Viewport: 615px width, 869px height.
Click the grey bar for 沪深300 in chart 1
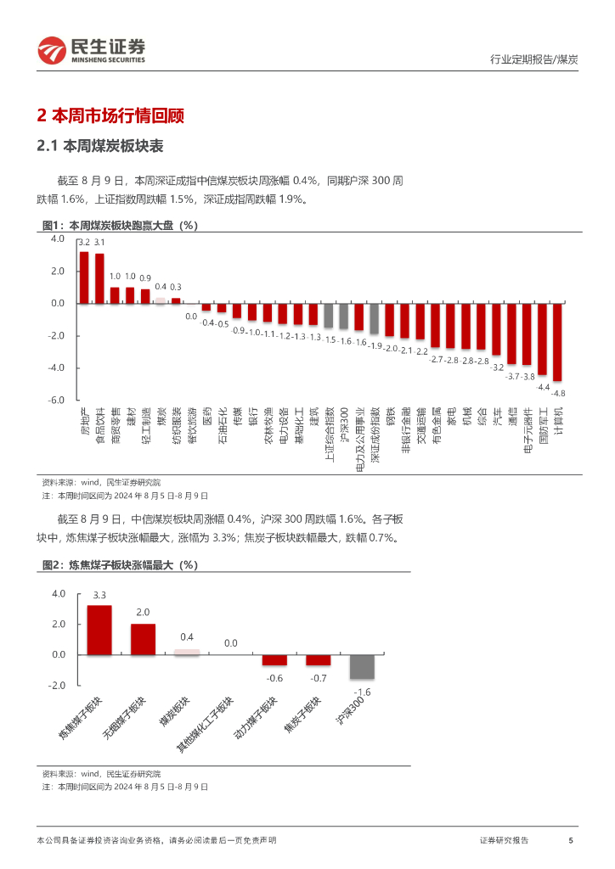pos(344,316)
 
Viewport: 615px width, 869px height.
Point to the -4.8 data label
pos(558,393)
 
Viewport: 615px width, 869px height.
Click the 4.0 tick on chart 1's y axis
pos(58,239)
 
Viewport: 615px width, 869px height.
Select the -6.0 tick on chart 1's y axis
pos(57,400)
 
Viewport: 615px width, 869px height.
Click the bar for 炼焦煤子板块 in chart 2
pos(99,630)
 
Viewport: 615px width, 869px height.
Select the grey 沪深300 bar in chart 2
pos(362,666)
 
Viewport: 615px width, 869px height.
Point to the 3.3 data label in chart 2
pos(99,594)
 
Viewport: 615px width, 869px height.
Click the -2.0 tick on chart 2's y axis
pos(58,686)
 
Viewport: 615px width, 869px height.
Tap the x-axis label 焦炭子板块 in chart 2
pos(302,715)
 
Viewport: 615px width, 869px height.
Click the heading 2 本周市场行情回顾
pos(111,116)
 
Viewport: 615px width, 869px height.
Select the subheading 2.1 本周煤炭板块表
pos(99,146)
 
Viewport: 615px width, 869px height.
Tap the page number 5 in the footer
pos(570,840)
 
